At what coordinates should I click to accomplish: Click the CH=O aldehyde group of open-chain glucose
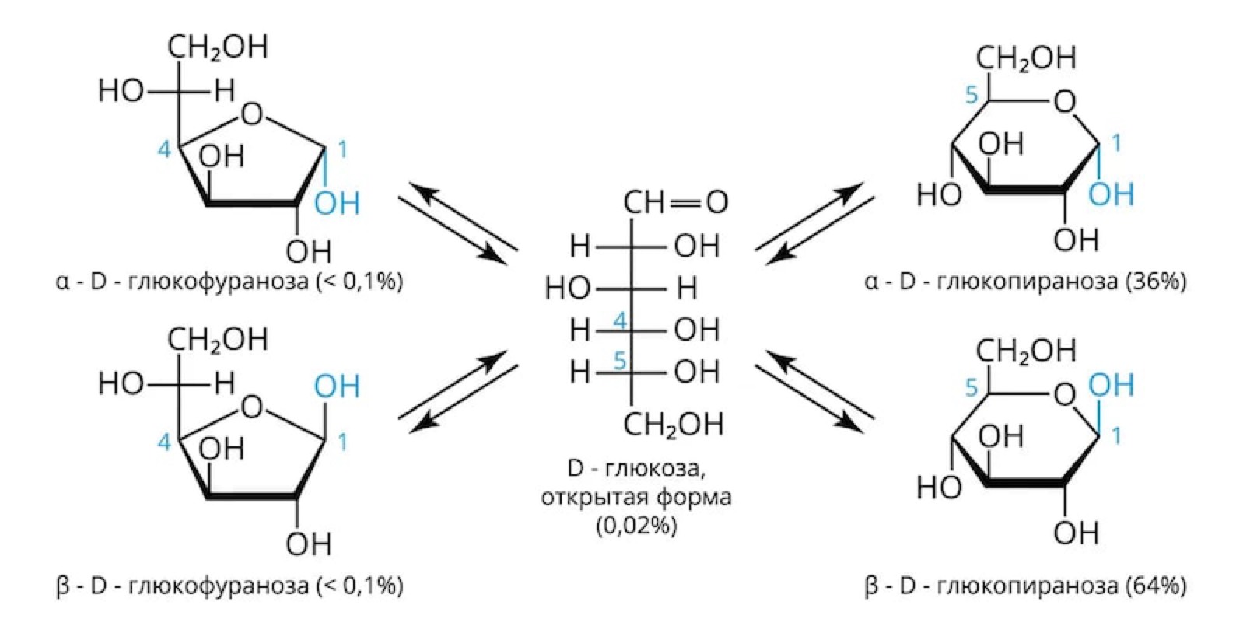click(675, 202)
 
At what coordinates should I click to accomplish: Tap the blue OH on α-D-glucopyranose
click(1111, 194)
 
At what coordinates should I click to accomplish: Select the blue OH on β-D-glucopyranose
click(1111, 385)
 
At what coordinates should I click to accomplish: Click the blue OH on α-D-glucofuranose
click(337, 203)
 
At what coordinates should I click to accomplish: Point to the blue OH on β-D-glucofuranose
click(337, 386)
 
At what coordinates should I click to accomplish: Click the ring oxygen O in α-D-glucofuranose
click(252, 114)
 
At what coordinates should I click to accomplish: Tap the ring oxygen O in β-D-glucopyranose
click(1065, 395)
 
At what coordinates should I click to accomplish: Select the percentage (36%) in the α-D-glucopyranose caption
click(1156, 282)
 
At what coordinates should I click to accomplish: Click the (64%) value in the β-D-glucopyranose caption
click(1156, 586)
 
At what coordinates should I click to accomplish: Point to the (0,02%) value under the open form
click(636, 525)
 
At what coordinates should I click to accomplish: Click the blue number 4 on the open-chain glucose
click(620, 321)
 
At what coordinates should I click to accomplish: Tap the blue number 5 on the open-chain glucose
click(620, 361)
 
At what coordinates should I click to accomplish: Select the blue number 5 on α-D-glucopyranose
click(971, 95)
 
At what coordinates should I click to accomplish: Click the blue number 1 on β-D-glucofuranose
click(343, 442)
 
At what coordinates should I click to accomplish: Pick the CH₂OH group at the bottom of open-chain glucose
click(674, 425)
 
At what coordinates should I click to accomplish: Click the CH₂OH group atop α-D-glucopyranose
click(1026, 59)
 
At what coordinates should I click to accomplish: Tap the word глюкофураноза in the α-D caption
click(218, 282)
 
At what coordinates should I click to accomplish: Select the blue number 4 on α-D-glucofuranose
click(164, 149)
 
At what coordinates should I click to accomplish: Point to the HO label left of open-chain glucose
click(567, 289)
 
